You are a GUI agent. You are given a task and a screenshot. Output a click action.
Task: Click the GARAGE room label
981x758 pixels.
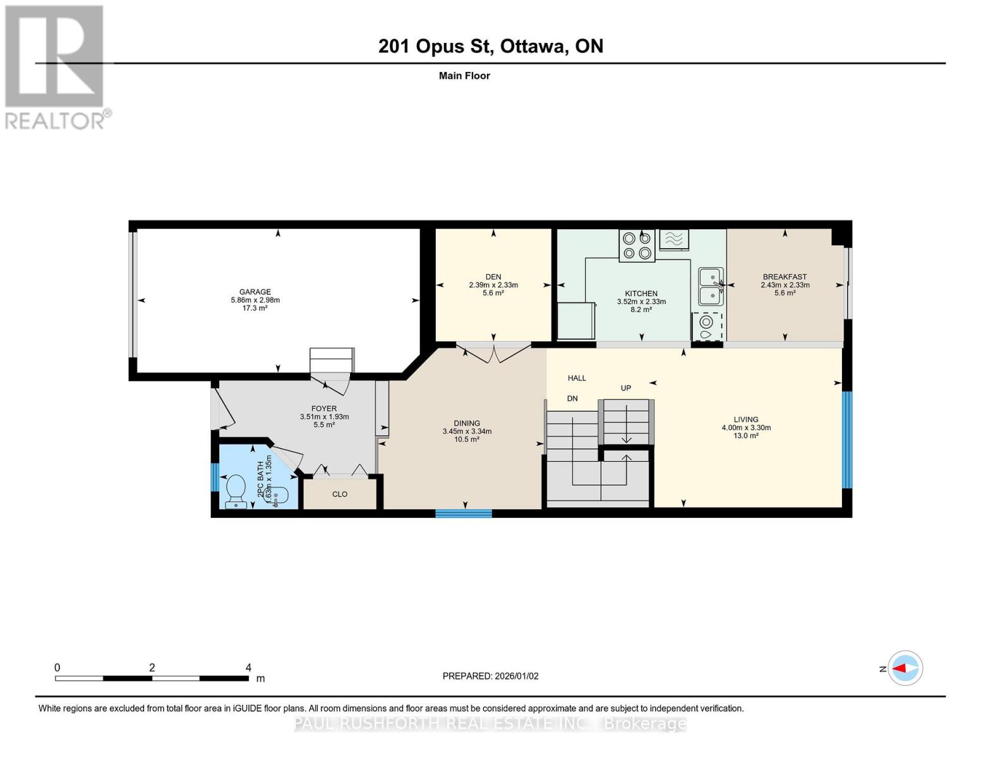pyautogui.click(x=255, y=292)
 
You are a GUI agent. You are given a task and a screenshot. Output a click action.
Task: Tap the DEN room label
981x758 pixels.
pyautogui.click(x=493, y=277)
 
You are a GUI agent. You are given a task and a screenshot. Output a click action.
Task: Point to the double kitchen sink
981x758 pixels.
pyautogui.click(x=711, y=287)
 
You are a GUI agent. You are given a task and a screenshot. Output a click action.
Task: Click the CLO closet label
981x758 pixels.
pyautogui.click(x=340, y=494)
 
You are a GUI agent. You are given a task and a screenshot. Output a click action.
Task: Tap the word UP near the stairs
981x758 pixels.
pyautogui.click(x=626, y=388)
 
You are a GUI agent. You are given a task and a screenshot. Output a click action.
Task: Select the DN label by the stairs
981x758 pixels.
pyautogui.click(x=572, y=398)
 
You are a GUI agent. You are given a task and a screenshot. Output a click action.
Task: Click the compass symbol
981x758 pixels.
pyautogui.click(x=905, y=668)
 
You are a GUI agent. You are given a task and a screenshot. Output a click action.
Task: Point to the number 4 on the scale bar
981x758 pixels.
pyautogui.click(x=248, y=667)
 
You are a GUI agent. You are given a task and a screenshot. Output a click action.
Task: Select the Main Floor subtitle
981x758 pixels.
pyautogui.click(x=464, y=76)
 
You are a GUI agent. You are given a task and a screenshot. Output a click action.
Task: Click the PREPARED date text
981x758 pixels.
pyautogui.click(x=491, y=676)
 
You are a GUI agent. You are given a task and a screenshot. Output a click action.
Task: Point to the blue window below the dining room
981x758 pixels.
pyautogui.click(x=464, y=513)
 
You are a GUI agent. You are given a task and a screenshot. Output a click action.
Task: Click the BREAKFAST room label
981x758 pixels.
pyautogui.click(x=785, y=277)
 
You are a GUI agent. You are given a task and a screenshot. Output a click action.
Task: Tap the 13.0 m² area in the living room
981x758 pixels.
pyautogui.click(x=746, y=436)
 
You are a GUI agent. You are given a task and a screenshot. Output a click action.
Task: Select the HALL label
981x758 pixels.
pyautogui.click(x=577, y=378)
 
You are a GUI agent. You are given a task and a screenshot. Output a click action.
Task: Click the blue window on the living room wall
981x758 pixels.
pyautogui.click(x=847, y=440)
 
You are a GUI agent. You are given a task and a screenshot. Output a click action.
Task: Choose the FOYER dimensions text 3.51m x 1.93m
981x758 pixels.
pyautogui.click(x=325, y=417)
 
